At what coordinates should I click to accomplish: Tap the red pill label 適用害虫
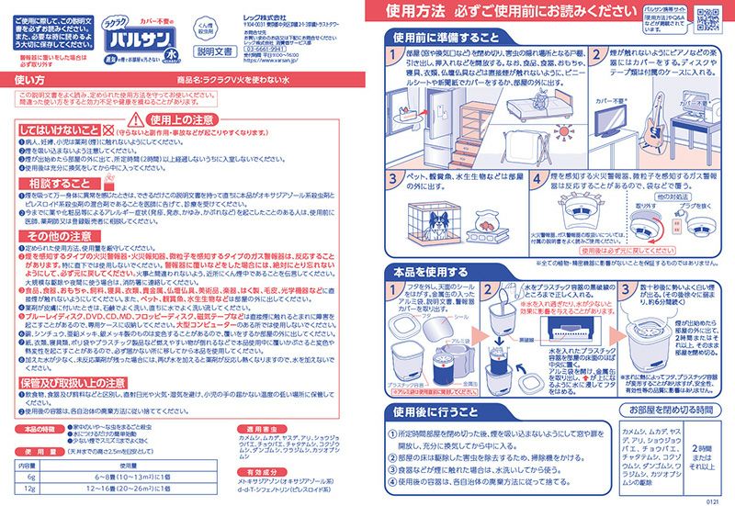[x=263, y=429]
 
